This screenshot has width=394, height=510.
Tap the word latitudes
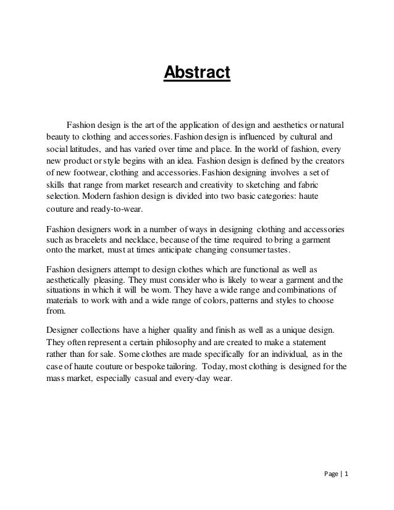pos(83,149)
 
